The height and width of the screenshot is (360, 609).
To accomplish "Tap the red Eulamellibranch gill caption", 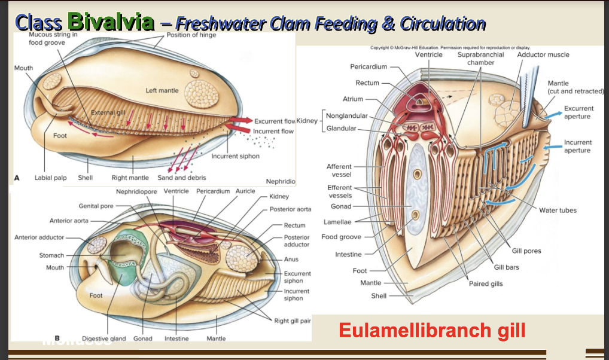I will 432,330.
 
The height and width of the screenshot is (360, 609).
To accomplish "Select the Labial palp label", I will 51,178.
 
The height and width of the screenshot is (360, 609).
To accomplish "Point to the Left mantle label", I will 162,91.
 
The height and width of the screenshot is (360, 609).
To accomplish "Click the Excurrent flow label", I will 275,121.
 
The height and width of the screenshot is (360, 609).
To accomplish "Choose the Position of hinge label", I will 190,35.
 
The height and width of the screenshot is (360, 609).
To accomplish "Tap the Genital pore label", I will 96,206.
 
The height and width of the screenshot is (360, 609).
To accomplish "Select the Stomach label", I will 51,255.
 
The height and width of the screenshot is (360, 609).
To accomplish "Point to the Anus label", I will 291,260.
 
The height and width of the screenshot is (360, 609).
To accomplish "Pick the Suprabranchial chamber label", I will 480,59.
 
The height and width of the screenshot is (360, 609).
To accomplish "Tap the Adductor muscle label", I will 543,54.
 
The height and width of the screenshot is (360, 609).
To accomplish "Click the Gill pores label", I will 526,251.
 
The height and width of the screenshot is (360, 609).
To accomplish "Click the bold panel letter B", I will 57,338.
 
